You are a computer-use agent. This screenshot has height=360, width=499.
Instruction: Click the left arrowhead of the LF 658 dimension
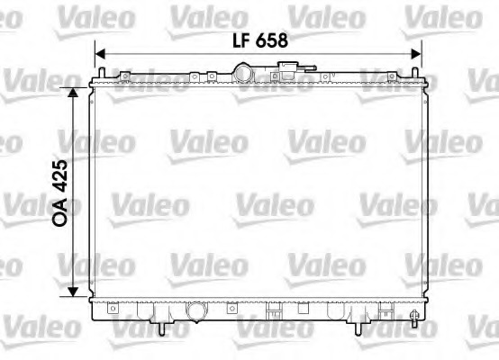[101, 53]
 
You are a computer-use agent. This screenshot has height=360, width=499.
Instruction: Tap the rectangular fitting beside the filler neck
[288, 69]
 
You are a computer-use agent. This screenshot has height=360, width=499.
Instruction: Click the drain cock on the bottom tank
[413, 316]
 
